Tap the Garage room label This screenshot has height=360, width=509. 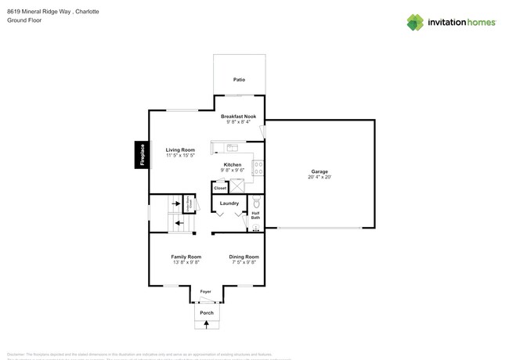coord(319,171)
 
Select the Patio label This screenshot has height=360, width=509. coord(239,80)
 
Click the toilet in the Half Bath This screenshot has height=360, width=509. coord(255,203)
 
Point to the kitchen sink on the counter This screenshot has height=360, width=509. coord(232,147)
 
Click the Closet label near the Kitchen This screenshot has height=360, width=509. coord(220,188)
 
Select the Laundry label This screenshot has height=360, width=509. coord(229,203)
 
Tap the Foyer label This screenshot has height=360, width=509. coord(206,291)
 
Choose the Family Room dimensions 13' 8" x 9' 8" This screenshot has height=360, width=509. coord(186,262)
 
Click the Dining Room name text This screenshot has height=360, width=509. coord(244,257)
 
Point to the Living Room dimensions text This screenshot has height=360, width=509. coord(180,155)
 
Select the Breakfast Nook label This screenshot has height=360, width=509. coord(238,116)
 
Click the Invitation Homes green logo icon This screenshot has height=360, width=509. coord(415,22)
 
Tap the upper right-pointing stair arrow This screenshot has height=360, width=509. coord(177,204)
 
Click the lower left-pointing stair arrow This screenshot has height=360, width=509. coord(179,224)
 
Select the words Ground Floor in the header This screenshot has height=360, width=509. coord(24,20)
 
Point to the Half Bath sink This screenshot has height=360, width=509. coord(255,228)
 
